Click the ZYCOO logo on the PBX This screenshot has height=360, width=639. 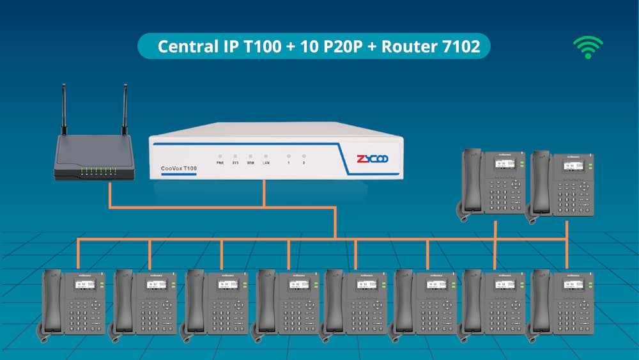[372, 158]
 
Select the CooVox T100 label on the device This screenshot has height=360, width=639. [174, 168]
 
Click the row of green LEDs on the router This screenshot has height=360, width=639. [98, 170]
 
